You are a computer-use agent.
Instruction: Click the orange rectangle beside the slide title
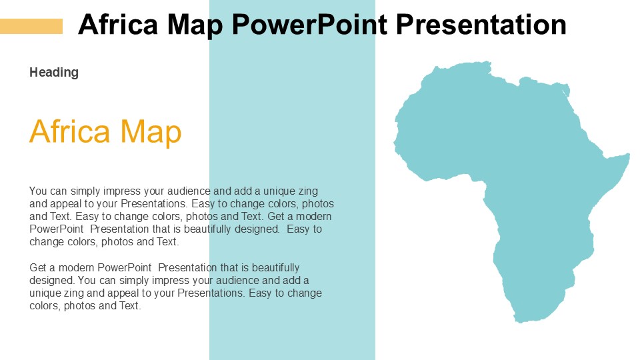[x=31, y=26]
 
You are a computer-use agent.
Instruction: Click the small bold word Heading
[x=54, y=72]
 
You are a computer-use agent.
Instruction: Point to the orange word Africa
[x=69, y=131]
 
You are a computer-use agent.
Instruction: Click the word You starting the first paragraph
[x=39, y=191]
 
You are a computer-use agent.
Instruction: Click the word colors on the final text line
[x=44, y=306]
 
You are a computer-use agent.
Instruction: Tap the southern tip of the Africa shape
[x=519, y=321]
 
